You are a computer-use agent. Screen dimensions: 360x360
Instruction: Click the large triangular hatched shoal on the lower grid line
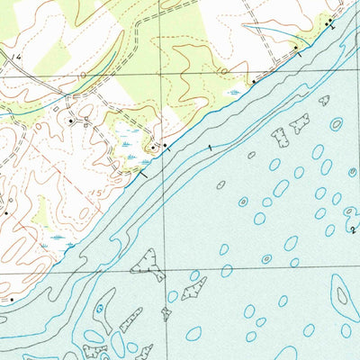(149, 265)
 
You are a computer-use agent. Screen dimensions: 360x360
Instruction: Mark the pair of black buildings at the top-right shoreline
(329, 20)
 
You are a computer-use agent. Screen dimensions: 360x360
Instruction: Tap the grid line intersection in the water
(164, 268)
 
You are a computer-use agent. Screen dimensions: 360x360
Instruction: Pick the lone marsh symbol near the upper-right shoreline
(236, 91)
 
